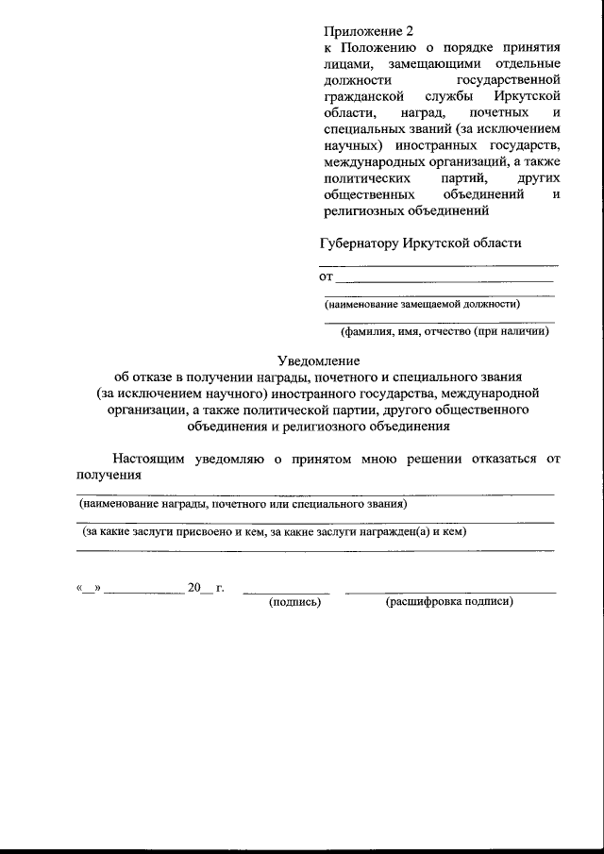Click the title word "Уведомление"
point(319,360)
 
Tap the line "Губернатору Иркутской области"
point(420,243)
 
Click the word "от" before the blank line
point(327,277)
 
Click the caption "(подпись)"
point(295,601)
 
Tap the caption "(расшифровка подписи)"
point(448,601)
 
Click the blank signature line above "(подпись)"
point(287,592)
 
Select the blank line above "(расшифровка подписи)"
point(450,592)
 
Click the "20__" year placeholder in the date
point(199,588)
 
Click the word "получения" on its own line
point(109,475)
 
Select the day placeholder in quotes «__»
point(88,588)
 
